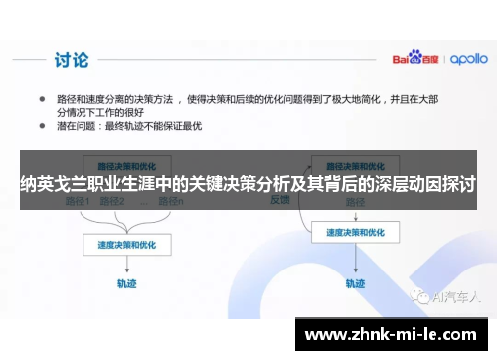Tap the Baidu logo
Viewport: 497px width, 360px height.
[410, 58]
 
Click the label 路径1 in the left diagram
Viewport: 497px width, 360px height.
[77, 203]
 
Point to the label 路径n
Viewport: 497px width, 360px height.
[175, 203]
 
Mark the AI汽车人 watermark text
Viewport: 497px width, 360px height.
[452, 295]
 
